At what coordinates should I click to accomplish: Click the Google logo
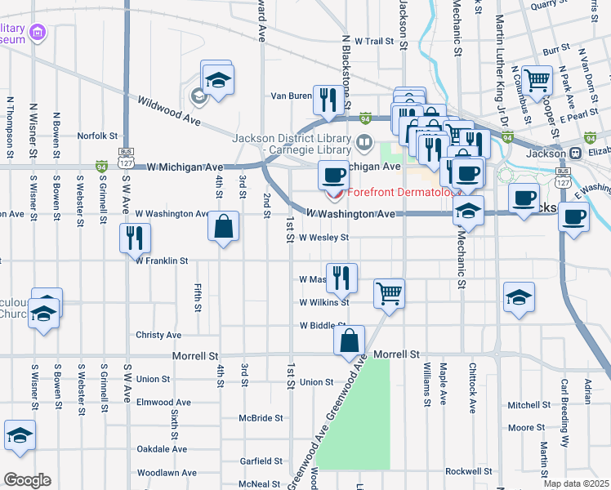point(26,480)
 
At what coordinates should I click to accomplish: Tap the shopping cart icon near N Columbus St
point(537,80)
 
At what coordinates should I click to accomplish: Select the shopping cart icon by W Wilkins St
point(390,292)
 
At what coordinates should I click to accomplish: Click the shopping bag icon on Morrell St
point(349,341)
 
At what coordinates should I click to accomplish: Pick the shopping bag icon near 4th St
point(223,225)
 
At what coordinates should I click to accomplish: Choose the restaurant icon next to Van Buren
point(328,100)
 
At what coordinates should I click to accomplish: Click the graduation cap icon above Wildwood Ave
point(217,79)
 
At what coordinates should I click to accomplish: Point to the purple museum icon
point(35,33)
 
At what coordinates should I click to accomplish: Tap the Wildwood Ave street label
point(169,110)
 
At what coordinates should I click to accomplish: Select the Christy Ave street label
point(158,335)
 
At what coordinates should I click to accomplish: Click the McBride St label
point(261,417)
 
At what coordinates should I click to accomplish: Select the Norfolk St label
point(98,136)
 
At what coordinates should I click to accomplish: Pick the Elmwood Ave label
point(163,402)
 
